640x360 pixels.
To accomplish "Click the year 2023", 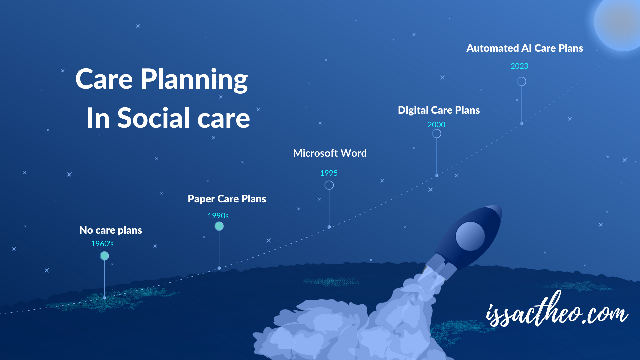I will tap(519, 66).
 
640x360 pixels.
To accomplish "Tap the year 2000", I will tap(436, 125).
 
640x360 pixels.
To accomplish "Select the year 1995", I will tap(329, 173).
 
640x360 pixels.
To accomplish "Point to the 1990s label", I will tap(218, 216).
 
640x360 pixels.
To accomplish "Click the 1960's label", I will tap(102, 244).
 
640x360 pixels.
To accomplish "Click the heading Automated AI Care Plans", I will tap(525, 48).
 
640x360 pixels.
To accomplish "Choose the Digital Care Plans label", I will tap(439, 110).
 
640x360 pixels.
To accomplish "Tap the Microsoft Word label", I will tap(330, 153).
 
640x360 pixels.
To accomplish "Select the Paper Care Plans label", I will tap(227, 199).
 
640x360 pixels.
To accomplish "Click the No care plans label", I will tap(111, 230).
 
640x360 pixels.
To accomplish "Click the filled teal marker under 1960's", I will tap(104, 256).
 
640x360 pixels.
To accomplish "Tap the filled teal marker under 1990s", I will tap(219, 226).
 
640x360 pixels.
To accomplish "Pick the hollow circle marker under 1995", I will tap(329, 185).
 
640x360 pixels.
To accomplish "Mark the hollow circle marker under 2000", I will tap(437, 134).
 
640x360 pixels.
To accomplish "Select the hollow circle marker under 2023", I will tap(522, 82).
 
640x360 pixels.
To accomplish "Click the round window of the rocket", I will tap(470, 236).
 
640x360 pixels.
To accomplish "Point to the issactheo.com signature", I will tap(557, 312).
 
